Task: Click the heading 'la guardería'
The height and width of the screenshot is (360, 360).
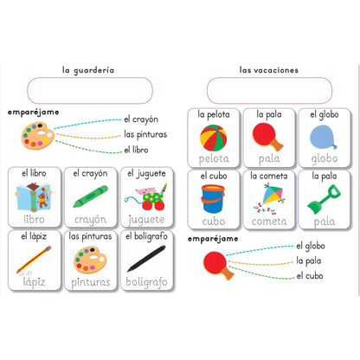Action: [x=88, y=70]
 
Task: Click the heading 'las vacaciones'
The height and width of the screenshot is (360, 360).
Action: [x=269, y=70]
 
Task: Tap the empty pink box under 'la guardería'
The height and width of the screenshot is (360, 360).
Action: [x=90, y=90]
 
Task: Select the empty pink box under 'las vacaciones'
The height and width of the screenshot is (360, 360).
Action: [x=269, y=90]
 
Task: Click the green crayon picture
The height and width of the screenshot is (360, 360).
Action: [x=91, y=196]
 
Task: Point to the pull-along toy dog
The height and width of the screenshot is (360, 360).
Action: [x=146, y=196]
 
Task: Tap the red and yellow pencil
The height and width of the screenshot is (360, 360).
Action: [x=34, y=259]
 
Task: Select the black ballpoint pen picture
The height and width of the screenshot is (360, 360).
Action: [x=146, y=259]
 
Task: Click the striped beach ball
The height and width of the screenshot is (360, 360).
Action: [x=214, y=138]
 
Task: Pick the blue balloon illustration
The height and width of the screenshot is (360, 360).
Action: [x=324, y=138]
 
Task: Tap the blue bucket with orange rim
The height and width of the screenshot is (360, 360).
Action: [x=213, y=199]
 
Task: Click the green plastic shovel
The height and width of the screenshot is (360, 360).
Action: [x=324, y=200]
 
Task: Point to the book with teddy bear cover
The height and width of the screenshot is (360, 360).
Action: [x=34, y=196]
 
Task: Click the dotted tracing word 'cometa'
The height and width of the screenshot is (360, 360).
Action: [x=269, y=222]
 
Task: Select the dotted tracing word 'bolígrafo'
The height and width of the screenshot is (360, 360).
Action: [x=146, y=282]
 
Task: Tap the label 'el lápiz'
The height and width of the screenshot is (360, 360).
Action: [x=34, y=236]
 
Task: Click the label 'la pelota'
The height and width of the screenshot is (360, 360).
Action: [x=214, y=114]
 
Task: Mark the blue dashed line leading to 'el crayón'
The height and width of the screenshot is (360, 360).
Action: [x=87, y=123]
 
